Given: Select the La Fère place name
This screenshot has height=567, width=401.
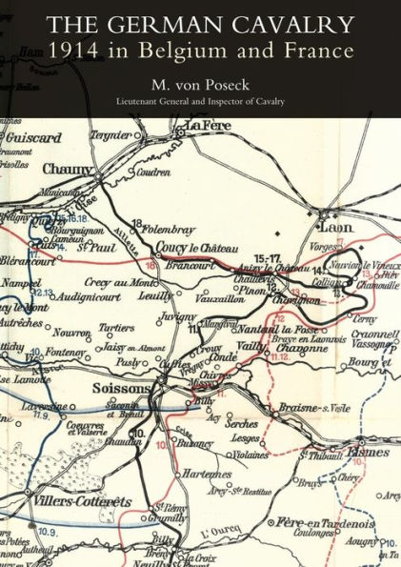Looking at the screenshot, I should point(208,127).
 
